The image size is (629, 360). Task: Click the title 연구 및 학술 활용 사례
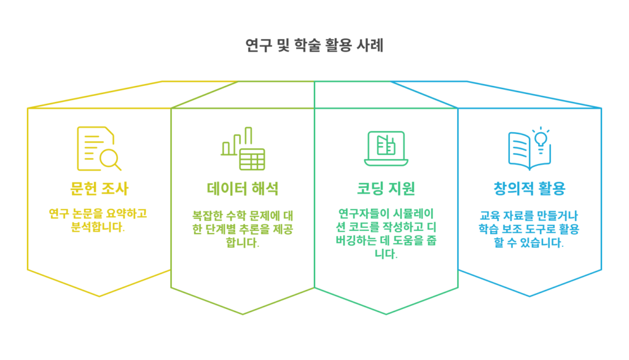314,45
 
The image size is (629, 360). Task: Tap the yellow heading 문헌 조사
99,189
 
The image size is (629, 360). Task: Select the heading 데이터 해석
243,189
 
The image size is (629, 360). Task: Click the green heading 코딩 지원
386,189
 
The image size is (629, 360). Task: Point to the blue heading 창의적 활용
529,189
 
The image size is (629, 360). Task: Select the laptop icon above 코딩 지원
386,149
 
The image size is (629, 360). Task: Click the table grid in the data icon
252,159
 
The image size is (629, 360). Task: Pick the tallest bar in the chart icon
249,136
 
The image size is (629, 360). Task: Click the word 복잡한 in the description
207,216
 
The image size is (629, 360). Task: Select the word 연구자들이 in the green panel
364,214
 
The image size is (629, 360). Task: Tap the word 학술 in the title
307,45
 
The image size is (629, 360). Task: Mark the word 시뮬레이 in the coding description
413,214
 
